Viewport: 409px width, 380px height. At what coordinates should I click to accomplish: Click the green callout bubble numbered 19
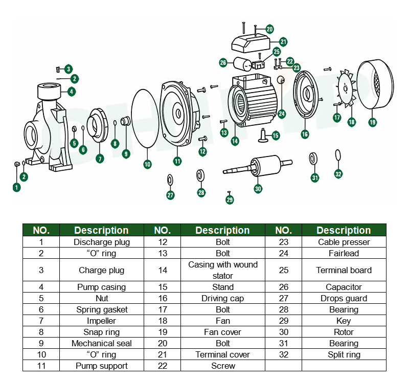(x=373, y=122)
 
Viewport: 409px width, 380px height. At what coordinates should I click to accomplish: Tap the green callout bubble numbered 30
(x=258, y=189)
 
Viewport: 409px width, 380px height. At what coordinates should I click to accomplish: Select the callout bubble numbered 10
(x=147, y=164)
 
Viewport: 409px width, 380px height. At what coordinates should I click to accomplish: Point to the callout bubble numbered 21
(x=283, y=41)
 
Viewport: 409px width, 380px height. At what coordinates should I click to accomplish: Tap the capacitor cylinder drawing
(x=243, y=64)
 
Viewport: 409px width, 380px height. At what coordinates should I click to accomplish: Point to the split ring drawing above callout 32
(x=337, y=154)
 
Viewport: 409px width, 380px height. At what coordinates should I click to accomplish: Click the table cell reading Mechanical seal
(x=102, y=343)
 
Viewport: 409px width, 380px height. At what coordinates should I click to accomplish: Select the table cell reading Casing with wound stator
(x=223, y=270)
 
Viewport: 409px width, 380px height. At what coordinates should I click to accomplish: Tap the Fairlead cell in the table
(x=344, y=253)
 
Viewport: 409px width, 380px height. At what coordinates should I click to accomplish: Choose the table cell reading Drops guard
(x=344, y=298)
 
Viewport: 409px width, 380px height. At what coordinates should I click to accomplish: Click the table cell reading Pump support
(x=102, y=366)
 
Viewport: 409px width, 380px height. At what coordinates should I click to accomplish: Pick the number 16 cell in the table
(x=162, y=298)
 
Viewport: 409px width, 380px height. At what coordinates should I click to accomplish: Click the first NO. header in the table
(x=41, y=230)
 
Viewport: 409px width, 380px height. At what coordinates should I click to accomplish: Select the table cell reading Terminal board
(x=344, y=270)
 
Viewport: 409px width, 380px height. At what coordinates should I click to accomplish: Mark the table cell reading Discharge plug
(x=102, y=242)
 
